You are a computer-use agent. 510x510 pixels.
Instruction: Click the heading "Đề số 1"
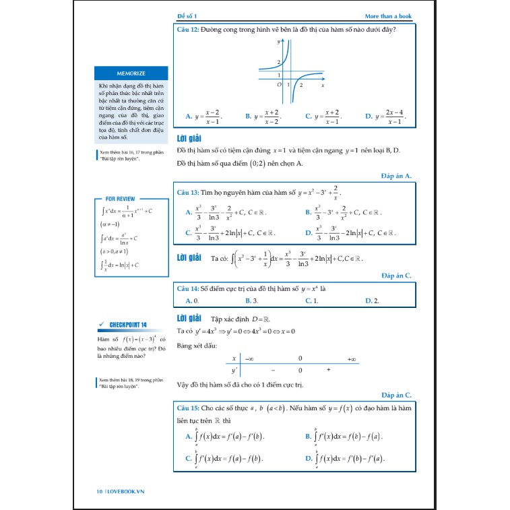tap(187, 15)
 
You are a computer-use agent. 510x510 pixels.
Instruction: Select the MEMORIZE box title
tap(131, 73)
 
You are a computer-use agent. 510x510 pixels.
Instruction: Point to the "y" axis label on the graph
tap(279, 42)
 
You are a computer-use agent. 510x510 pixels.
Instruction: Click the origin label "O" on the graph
tap(279, 86)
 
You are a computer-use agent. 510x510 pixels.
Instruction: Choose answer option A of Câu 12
tap(203, 117)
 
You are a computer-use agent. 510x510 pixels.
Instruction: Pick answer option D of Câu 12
tap(385, 117)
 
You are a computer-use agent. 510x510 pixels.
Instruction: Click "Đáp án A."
tap(396, 176)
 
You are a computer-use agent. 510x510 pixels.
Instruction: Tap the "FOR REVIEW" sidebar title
tap(120, 199)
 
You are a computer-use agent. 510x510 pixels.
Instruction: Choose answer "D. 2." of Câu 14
tap(371, 300)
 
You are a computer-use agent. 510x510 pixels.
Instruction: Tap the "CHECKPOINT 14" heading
tap(127, 325)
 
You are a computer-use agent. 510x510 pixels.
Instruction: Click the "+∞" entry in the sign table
tap(352, 359)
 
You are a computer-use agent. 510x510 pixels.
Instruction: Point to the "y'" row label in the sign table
tap(234, 371)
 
